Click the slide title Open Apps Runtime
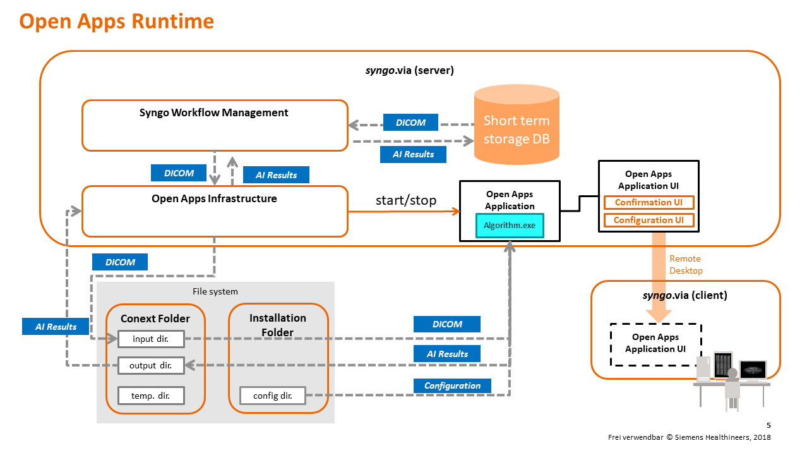click(x=117, y=21)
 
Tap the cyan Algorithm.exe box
click(x=509, y=226)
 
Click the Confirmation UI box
click(x=649, y=203)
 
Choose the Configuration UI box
click(x=649, y=221)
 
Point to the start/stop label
click(x=406, y=200)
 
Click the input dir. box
click(x=151, y=339)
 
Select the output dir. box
click(x=151, y=365)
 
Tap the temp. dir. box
click(x=151, y=396)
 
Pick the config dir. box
click(x=273, y=396)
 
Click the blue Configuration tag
click(x=452, y=385)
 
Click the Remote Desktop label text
click(x=686, y=265)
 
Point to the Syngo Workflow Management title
click(x=213, y=113)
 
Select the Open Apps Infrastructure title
click(x=214, y=198)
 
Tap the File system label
click(x=215, y=291)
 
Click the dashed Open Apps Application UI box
click(x=655, y=344)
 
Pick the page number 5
click(x=768, y=425)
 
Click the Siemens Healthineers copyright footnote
click(x=689, y=437)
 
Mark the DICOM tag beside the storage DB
click(x=410, y=123)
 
